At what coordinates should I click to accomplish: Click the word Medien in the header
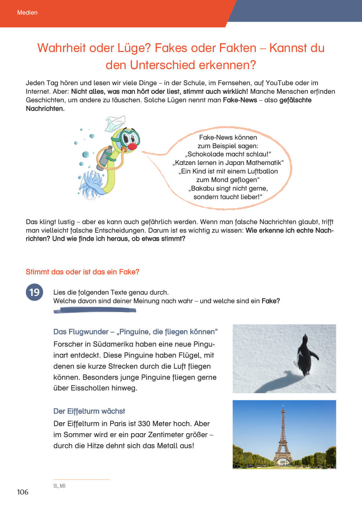coord(27,12)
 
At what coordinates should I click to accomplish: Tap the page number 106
coord(22,492)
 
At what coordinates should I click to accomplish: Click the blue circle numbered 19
coord(34,292)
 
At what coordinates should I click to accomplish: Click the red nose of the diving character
coord(132,146)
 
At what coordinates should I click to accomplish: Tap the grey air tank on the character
coord(105,157)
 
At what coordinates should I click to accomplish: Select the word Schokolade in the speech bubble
coord(204,154)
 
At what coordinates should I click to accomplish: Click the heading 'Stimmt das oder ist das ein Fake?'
coord(82,272)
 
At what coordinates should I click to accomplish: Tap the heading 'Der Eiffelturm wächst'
coord(89,411)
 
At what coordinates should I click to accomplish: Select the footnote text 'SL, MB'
coord(59,486)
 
